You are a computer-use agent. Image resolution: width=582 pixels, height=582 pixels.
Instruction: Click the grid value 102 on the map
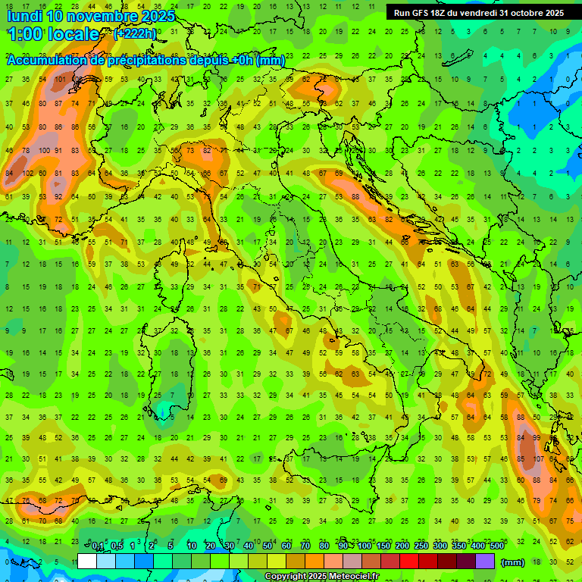tap(29, 173)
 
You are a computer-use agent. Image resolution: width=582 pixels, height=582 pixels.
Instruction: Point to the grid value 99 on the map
tap(537, 438)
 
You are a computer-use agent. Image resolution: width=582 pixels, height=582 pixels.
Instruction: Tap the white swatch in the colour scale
tap(87, 562)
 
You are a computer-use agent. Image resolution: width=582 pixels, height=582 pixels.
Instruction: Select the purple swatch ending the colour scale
tap(486, 562)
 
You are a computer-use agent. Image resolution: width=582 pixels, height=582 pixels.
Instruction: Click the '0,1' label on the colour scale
tap(98, 546)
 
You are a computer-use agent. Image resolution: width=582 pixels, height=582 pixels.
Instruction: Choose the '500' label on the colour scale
tap(496, 546)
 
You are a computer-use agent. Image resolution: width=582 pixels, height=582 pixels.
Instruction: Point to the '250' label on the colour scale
tap(421, 546)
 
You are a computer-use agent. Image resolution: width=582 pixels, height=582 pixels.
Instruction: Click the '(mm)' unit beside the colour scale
tap(513, 562)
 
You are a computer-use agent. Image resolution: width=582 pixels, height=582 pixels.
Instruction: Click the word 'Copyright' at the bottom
tap(286, 577)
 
